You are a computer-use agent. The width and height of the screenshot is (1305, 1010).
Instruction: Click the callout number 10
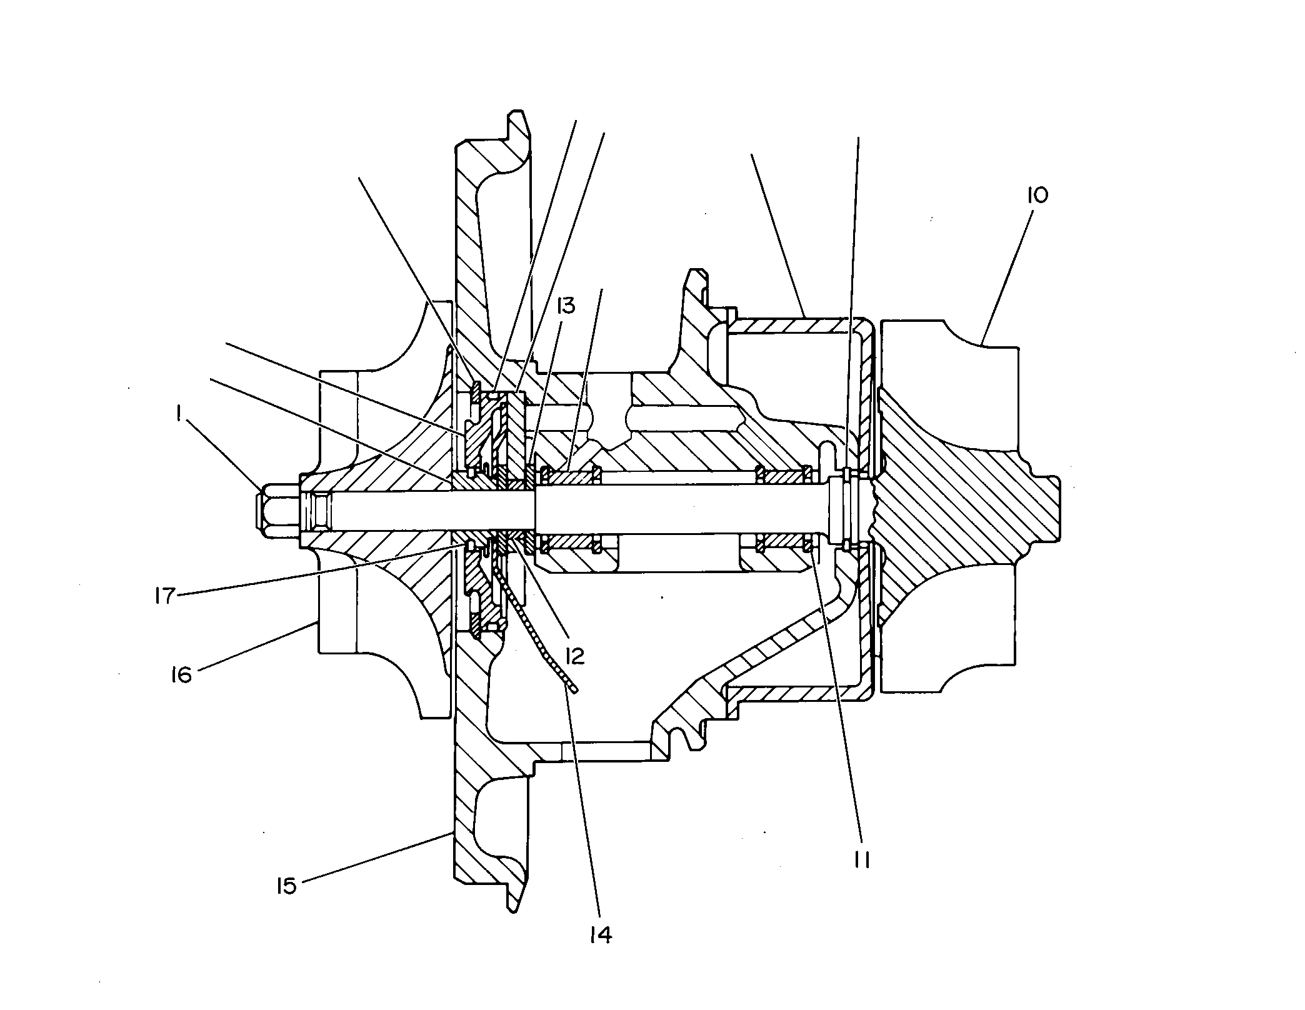(x=1037, y=196)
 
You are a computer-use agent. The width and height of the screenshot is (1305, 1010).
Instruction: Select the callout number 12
(x=574, y=655)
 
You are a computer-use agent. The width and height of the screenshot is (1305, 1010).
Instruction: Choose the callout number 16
(x=181, y=675)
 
